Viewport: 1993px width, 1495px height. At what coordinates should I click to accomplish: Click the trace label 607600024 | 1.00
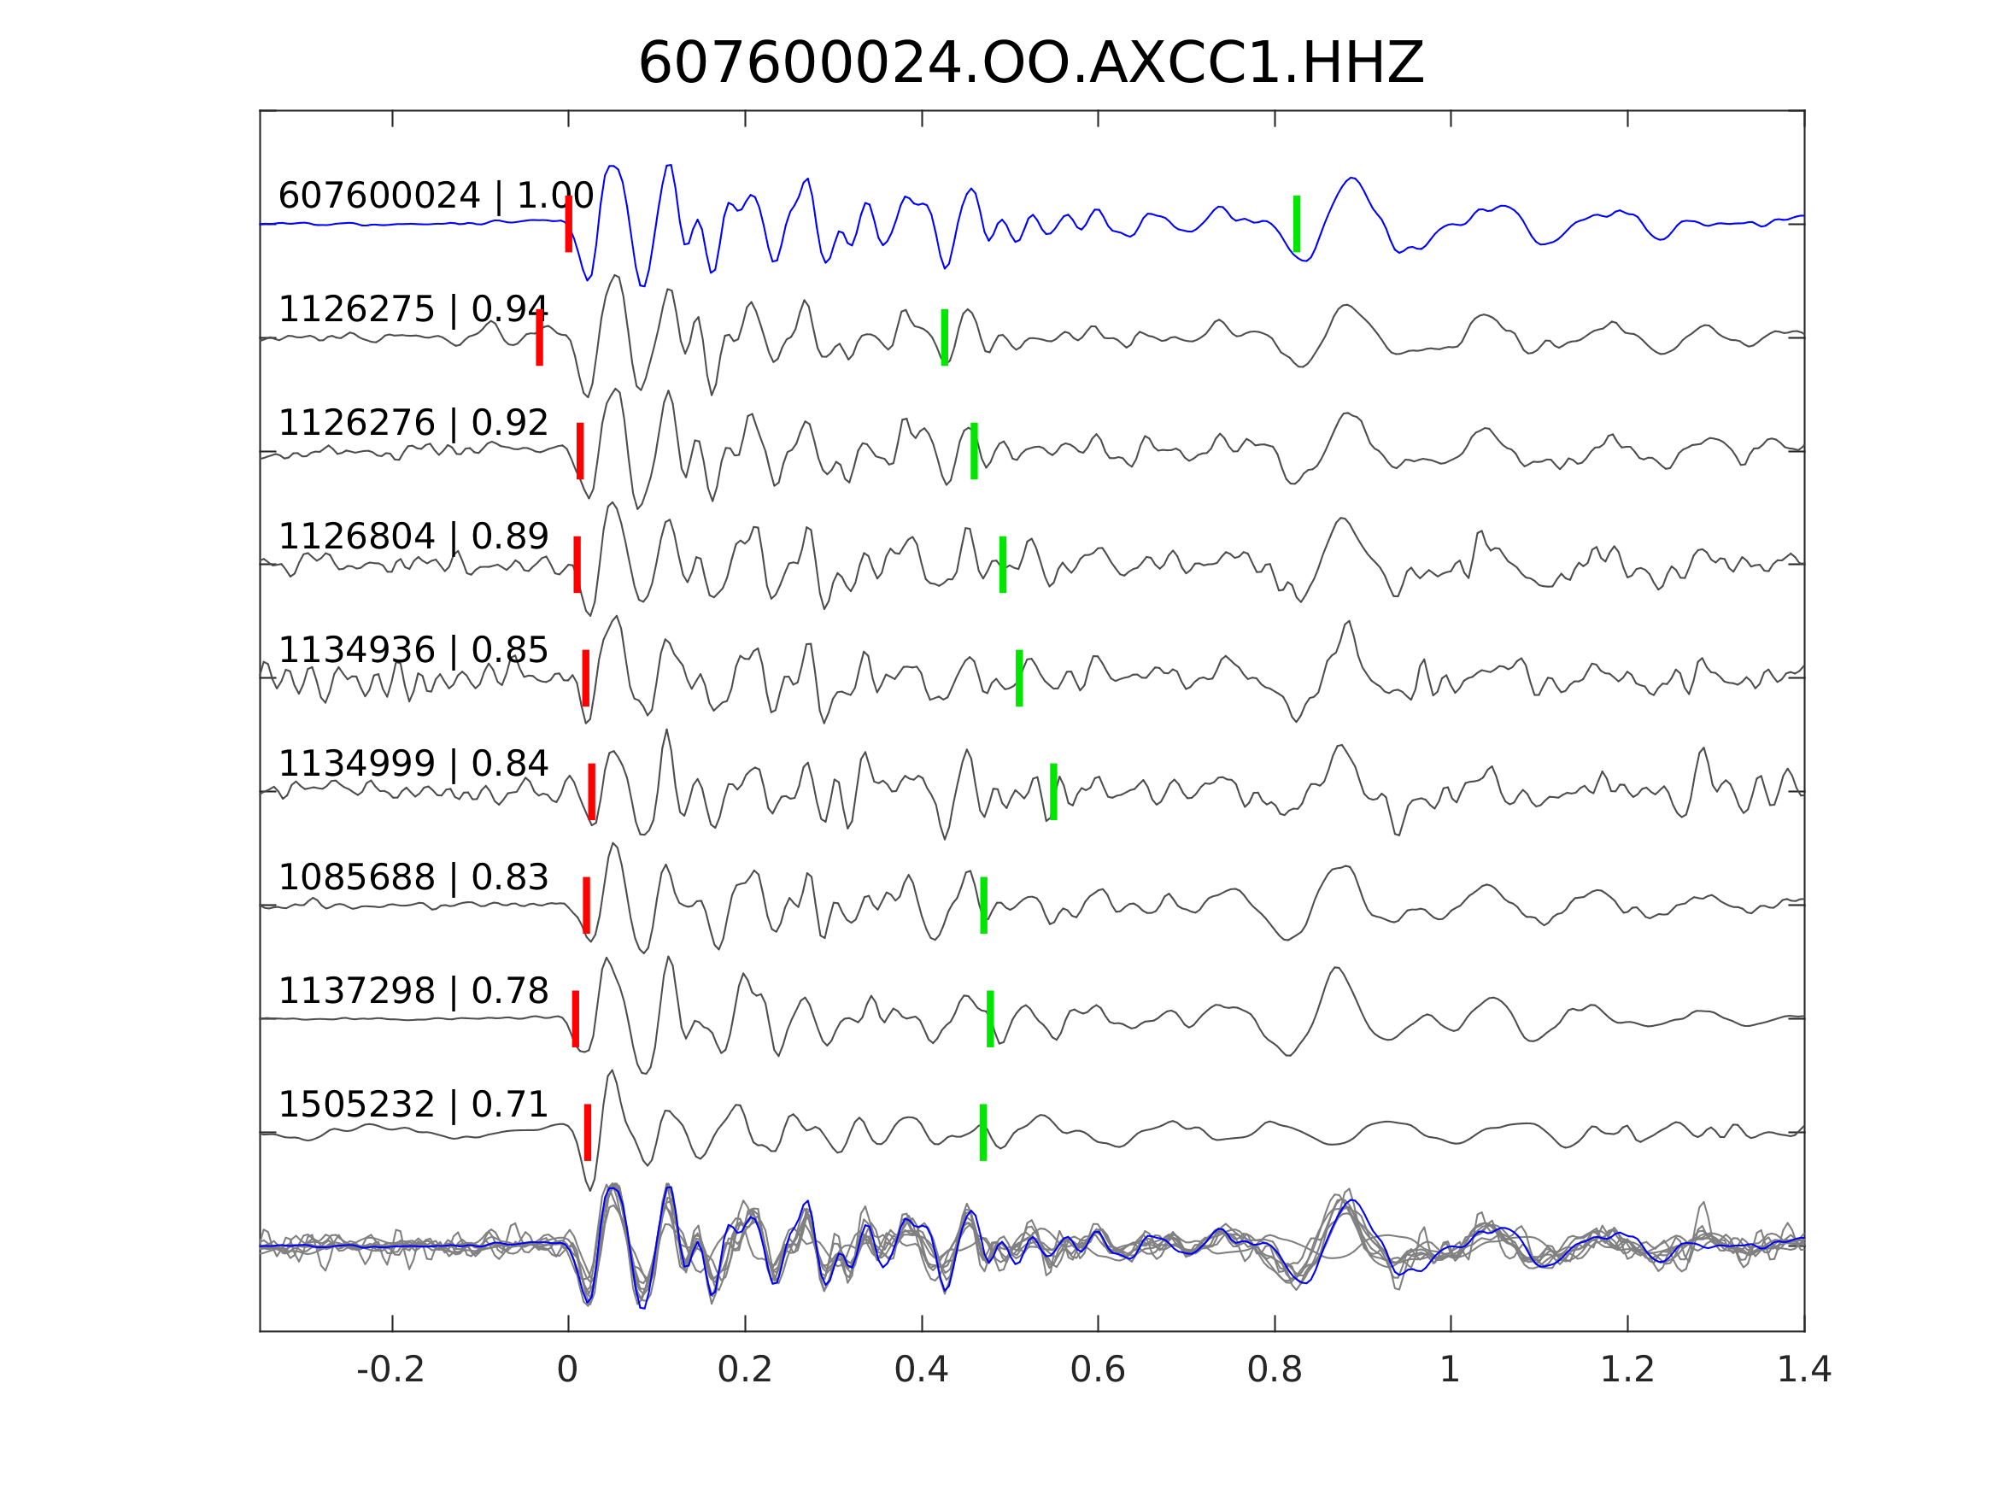click(435, 196)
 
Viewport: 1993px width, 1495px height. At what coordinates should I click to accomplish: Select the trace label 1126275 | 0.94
click(413, 309)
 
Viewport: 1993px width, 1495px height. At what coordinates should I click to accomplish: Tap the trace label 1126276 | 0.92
click(413, 423)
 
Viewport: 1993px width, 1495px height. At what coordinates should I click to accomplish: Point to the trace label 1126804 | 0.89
click(413, 536)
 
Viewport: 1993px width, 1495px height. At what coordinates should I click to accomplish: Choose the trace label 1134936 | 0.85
click(413, 650)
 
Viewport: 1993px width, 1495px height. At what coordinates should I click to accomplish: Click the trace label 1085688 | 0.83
click(413, 876)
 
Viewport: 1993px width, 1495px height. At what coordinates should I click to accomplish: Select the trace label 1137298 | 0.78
click(413, 990)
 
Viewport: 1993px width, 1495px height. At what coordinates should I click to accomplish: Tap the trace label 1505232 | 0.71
click(413, 1104)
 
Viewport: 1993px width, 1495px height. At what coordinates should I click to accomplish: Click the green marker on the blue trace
click(1297, 224)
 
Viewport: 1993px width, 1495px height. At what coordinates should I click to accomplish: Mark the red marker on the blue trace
click(569, 224)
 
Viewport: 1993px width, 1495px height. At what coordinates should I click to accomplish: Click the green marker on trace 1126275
click(944, 337)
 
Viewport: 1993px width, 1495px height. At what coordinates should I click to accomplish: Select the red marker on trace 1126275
click(540, 337)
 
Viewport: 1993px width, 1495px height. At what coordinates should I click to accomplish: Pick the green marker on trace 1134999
click(1053, 791)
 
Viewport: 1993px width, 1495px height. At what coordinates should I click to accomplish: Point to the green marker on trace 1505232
click(983, 1132)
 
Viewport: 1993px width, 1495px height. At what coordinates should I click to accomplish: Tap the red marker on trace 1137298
click(576, 1018)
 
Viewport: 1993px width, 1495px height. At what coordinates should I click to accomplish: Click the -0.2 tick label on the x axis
click(390, 1370)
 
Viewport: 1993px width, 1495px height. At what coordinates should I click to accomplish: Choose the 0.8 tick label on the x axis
click(1274, 1370)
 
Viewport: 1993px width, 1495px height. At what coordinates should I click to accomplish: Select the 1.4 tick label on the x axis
click(1802, 1370)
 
